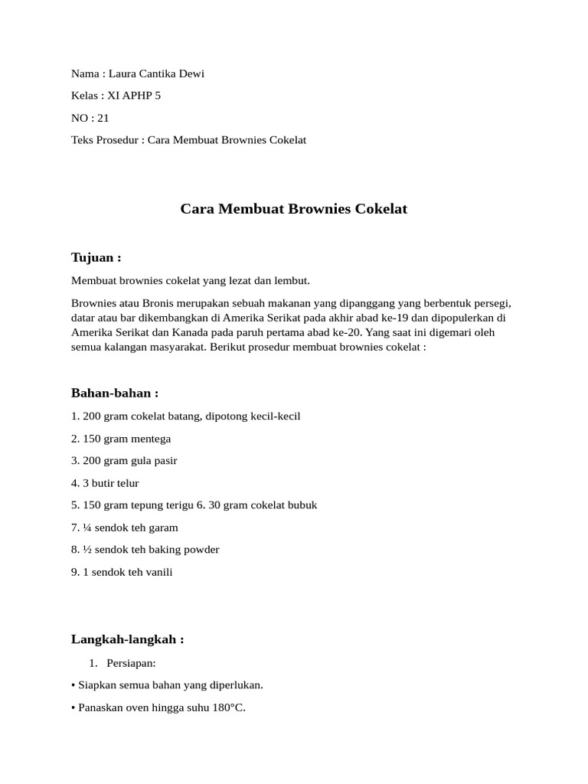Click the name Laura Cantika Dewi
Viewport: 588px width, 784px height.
[156, 73]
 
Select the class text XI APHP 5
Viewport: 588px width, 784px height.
[134, 96]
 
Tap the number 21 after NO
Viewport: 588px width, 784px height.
[103, 118]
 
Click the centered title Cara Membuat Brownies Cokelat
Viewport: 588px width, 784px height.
[294, 208]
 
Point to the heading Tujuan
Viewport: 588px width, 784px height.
[96, 257]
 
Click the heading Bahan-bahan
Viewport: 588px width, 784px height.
[115, 393]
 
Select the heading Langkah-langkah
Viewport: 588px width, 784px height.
[127, 639]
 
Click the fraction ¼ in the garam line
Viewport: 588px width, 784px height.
[87, 528]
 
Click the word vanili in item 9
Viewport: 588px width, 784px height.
[158, 572]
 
